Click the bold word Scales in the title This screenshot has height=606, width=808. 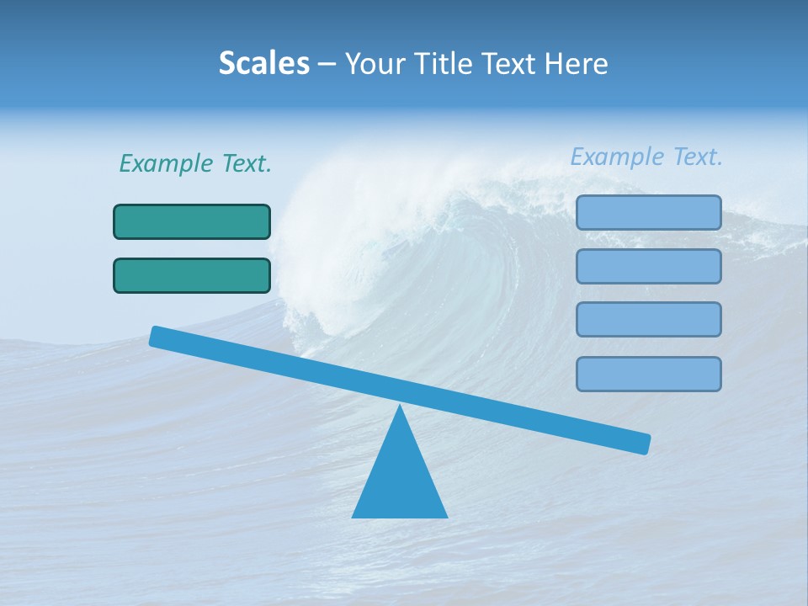coord(263,63)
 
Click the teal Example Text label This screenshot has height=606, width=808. coord(195,163)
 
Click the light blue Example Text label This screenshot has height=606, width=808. coord(646,157)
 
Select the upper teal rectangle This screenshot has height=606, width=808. coord(192,221)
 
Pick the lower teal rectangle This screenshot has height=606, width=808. coord(192,275)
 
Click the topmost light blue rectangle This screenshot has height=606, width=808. coord(648,212)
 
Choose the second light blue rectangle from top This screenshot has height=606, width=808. coord(648,266)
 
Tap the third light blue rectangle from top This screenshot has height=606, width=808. coord(648,319)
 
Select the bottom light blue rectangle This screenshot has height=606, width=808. coord(648,374)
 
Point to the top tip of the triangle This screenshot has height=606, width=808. coord(401,407)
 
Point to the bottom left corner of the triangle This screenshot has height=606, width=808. coord(353,516)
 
